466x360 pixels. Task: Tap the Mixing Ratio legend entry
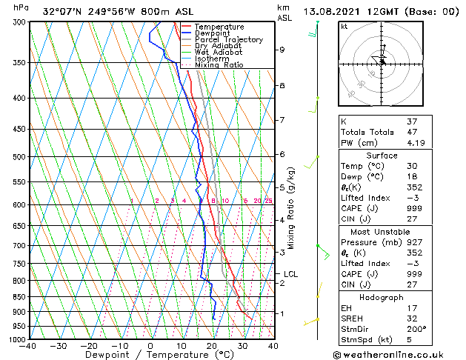[219, 65]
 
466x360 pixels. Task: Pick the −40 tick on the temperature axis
[28, 346]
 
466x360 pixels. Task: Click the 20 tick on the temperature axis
[212, 346]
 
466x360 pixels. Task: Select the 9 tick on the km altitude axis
[282, 50]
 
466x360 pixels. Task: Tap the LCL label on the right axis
[290, 274]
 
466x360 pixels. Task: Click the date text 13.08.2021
[330, 11]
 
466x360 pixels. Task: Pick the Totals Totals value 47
[412, 132]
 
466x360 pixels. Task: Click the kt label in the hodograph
[344, 27]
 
